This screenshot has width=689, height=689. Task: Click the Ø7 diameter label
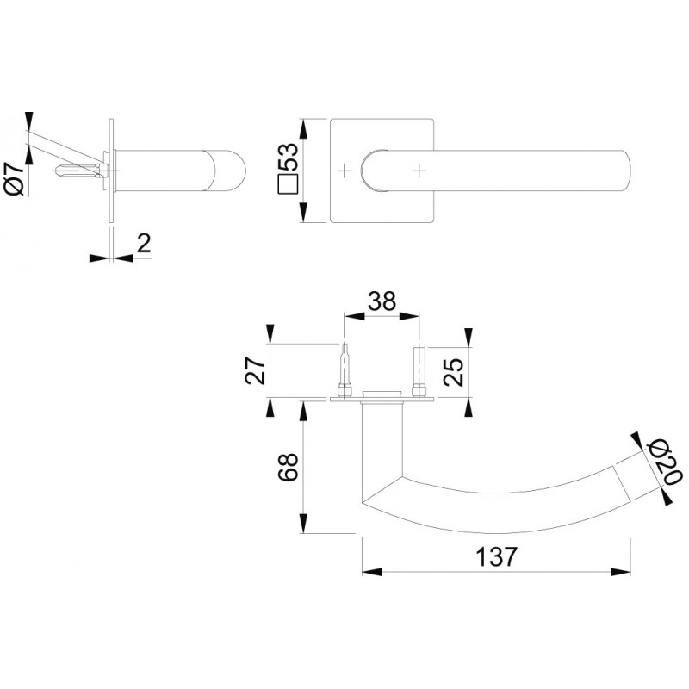[15, 177]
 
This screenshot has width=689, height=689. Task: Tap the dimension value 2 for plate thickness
[144, 243]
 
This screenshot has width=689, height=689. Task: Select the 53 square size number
[289, 157]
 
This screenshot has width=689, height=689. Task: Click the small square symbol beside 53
[289, 184]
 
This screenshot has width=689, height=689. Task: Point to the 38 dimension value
[382, 301]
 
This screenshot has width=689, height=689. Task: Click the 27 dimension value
[255, 370]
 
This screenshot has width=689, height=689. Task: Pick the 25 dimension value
[453, 372]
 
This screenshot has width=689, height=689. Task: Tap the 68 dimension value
[289, 467]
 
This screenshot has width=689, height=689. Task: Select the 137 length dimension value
[497, 556]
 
